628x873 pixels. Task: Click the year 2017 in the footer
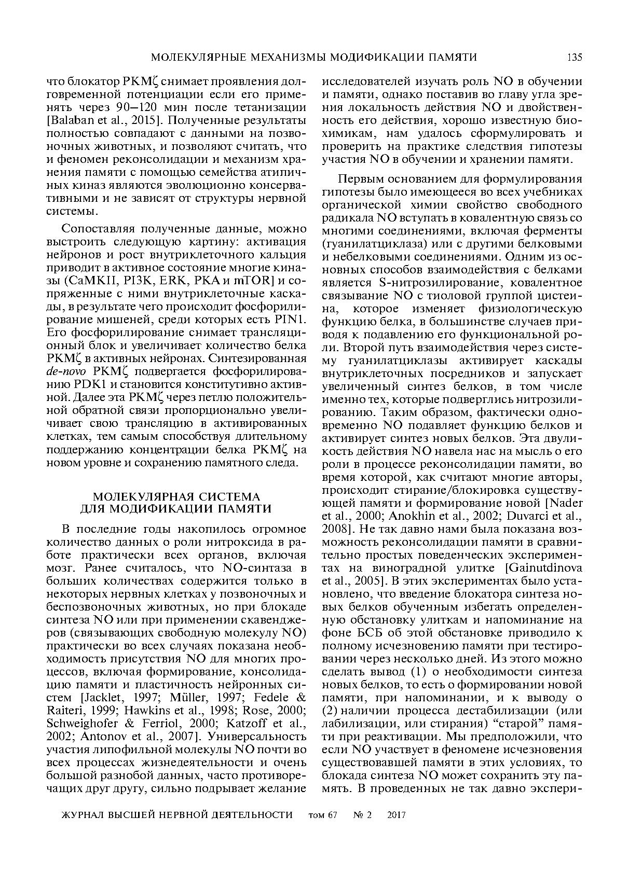[397, 815]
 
